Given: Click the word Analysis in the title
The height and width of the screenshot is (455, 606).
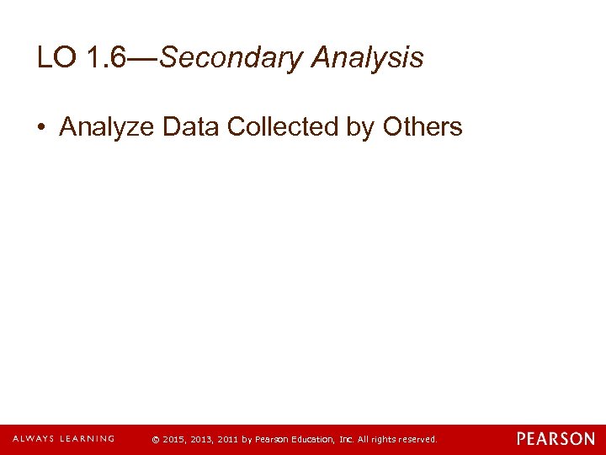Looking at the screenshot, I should (367, 58).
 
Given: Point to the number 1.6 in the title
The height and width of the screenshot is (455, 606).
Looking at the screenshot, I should (107, 58).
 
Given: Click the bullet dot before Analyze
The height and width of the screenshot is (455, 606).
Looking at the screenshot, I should (41, 128).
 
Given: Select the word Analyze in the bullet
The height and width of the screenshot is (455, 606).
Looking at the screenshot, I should (107, 127).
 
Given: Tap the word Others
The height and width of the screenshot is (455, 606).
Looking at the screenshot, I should (423, 127).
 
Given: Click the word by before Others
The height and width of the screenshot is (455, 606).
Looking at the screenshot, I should (362, 127).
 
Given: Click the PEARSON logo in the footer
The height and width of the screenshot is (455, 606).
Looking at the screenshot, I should (555, 439).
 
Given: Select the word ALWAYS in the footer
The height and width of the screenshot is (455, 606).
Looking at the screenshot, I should (33, 439).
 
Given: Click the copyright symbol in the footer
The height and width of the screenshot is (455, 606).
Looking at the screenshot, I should (154, 440).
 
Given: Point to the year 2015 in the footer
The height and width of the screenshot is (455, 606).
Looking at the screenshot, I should (173, 440).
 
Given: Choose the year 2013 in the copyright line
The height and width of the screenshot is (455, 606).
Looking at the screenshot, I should (202, 440).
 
